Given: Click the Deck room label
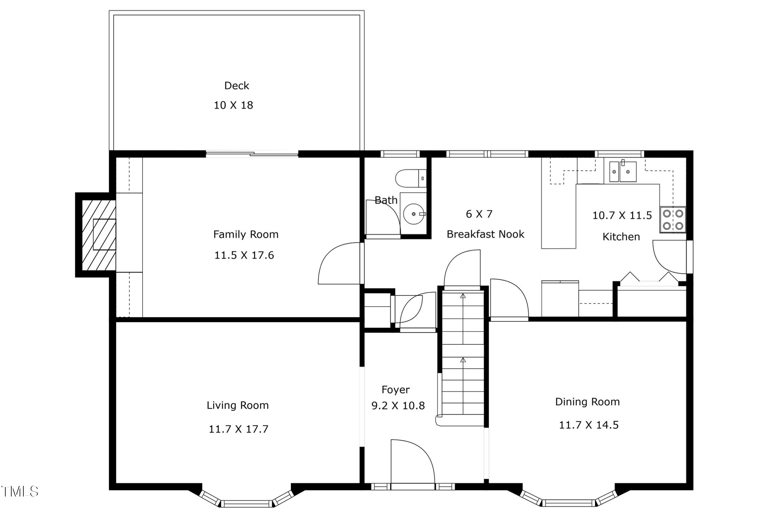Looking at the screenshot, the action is pos(237,86).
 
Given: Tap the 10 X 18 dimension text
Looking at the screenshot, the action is pos(234,105).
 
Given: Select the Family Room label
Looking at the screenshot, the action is pos(246,234).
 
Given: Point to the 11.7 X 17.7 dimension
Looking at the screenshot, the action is pos(238,429).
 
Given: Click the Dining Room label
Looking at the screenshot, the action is pos(587,402).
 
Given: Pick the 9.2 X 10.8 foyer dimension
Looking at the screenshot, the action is pos(398,406).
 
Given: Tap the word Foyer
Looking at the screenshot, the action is pos(395,390).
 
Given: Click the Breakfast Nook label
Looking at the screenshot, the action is pos(485,234).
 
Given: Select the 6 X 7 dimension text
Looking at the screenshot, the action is pos(479,214).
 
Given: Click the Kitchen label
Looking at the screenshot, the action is pos(621,237).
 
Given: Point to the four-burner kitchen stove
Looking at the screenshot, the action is pos(673,220).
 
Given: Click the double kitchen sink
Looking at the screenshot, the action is pos(623,172).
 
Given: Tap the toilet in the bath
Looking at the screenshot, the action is pos(411,178).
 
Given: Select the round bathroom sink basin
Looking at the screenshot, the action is pos(414,214).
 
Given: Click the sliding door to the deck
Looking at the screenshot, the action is pos(252,153).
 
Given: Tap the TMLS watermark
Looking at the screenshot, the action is pos(20,492).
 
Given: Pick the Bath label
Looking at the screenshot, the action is pos(386,200).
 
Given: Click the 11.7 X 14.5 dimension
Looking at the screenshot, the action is pos(589,425).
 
